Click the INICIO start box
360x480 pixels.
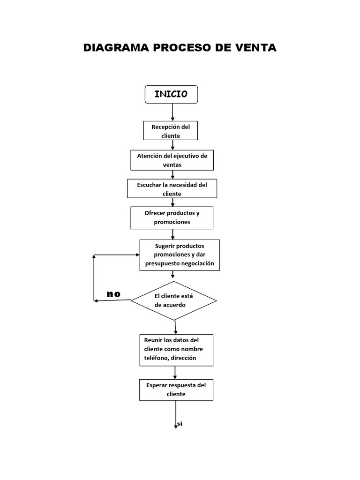[x=171, y=94]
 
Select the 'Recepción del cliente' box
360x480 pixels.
[x=171, y=131]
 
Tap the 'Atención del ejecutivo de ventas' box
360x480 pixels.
[x=172, y=160]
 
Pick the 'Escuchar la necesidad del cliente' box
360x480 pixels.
[x=172, y=188]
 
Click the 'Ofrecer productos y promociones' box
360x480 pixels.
[x=172, y=217]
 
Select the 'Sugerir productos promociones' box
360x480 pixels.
[x=180, y=255]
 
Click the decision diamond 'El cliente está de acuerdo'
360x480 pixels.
[x=174, y=300]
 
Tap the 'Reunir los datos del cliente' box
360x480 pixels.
[x=176, y=350]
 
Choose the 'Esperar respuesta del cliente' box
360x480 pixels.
[x=176, y=390]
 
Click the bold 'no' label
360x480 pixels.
[x=113, y=294]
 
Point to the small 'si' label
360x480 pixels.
[x=180, y=423]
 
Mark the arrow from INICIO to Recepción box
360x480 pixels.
[x=172, y=112]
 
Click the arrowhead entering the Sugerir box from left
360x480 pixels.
[x=137, y=255]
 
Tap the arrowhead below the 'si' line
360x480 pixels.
[x=176, y=427]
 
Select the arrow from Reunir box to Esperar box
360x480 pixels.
[x=175, y=373]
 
